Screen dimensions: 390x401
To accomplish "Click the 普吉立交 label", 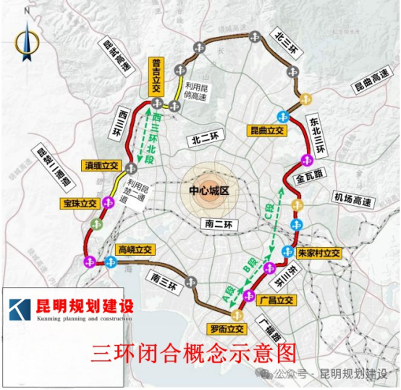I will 156,77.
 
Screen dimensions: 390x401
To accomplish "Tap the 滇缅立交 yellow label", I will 99,166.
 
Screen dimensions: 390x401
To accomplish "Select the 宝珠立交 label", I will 80,204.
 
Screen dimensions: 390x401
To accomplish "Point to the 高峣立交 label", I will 136,250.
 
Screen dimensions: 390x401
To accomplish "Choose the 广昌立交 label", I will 276,299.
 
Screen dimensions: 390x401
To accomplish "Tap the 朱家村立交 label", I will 319,254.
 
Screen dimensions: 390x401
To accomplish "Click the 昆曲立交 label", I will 268,130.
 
